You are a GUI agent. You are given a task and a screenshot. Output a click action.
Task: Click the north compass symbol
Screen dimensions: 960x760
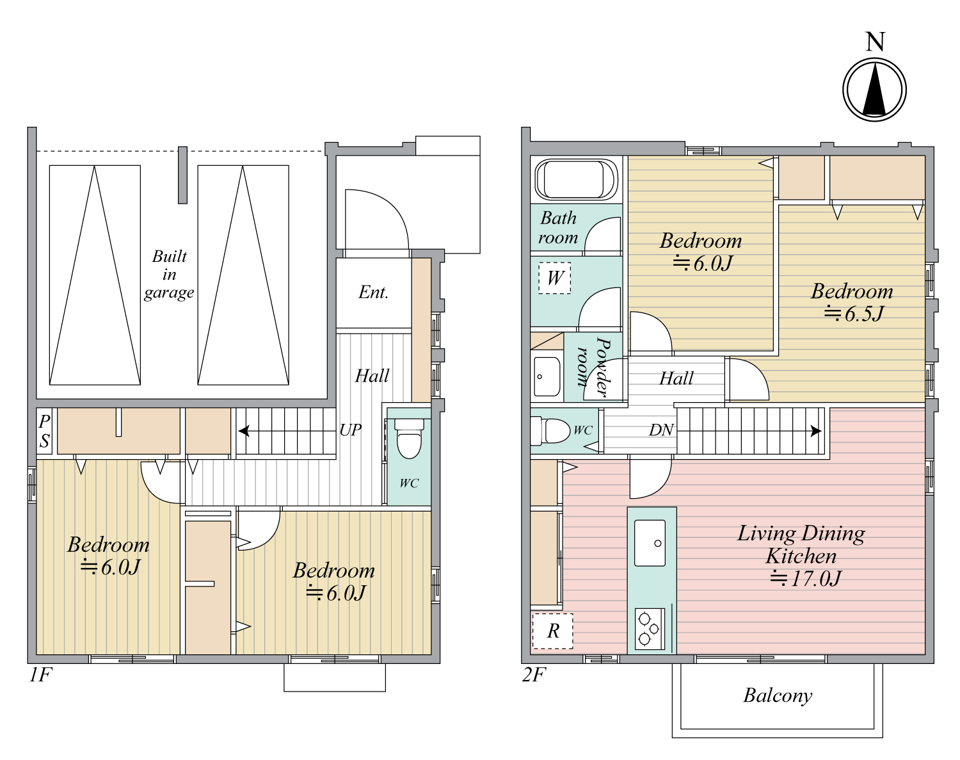pyautogui.click(x=874, y=89)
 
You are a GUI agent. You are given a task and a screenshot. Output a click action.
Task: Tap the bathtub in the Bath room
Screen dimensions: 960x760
pyautogui.click(x=577, y=180)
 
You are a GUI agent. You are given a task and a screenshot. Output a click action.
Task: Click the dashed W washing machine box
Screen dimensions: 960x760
pyautogui.click(x=554, y=278)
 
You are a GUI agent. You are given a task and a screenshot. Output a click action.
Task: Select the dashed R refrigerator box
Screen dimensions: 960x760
pyautogui.click(x=553, y=631)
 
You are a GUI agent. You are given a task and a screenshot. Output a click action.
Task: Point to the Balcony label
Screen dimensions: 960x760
pyautogui.click(x=778, y=696)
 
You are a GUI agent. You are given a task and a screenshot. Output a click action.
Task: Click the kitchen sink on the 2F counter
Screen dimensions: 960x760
pyautogui.click(x=650, y=543)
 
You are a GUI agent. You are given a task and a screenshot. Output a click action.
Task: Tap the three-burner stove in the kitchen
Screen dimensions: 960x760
pyautogui.click(x=650, y=629)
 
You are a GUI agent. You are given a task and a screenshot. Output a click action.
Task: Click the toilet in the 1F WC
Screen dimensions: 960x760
pyautogui.click(x=409, y=439)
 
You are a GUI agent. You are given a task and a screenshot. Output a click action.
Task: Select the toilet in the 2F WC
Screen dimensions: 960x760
pyautogui.click(x=550, y=431)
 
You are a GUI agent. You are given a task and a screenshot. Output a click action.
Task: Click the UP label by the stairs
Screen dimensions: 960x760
pyautogui.click(x=350, y=430)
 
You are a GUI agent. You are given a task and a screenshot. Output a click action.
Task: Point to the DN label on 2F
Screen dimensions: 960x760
pyautogui.click(x=661, y=430)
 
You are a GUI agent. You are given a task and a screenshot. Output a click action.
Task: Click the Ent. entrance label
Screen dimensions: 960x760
pyautogui.click(x=373, y=293)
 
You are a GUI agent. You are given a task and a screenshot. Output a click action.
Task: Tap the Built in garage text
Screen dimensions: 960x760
pyautogui.click(x=169, y=275)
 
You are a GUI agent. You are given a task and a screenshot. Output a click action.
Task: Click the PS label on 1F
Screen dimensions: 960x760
pyautogui.click(x=44, y=431)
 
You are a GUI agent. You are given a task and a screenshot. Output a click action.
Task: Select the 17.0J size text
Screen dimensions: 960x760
pyautogui.click(x=805, y=579)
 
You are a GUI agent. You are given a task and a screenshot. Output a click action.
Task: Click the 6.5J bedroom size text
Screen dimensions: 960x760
pyautogui.click(x=853, y=314)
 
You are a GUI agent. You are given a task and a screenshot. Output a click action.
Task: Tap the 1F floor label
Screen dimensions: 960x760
pyautogui.click(x=40, y=675)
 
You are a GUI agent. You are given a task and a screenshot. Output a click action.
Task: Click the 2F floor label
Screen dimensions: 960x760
pyautogui.click(x=534, y=675)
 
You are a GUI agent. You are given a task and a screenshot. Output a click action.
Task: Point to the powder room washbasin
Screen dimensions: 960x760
pyautogui.click(x=547, y=376)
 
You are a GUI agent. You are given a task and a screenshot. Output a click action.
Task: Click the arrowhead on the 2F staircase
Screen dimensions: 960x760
pyautogui.click(x=816, y=431)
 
